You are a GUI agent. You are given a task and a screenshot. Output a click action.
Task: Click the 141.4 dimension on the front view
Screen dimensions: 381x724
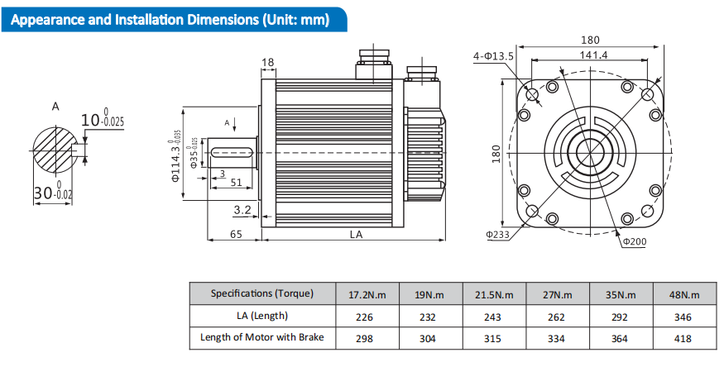[x=593, y=55]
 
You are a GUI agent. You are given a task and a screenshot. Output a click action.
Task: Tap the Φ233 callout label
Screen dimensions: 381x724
[x=497, y=234]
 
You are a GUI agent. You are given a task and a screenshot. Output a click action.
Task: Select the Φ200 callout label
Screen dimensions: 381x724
[x=634, y=241]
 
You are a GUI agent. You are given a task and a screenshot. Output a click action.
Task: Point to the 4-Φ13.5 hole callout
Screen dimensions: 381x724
[x=494, y=56]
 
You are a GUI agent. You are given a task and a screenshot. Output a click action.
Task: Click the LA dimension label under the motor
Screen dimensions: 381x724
[x=356, y=235]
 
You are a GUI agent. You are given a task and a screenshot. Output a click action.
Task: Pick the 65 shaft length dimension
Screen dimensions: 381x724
[x=236, y=235]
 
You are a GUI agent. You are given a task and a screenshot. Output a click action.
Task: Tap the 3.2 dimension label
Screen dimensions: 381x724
[x=242, y=209]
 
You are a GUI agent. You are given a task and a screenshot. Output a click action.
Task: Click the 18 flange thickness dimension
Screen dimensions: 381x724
[x=267, y=63]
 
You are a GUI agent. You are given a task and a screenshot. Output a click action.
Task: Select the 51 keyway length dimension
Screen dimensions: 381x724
[x=236, y=182]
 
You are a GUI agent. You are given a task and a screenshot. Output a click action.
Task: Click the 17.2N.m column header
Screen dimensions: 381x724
[x=367, y=294]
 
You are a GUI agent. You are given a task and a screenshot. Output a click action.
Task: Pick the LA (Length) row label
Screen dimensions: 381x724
[x=262, y=316]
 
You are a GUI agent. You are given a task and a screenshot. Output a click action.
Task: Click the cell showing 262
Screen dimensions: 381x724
[x=557, y=317]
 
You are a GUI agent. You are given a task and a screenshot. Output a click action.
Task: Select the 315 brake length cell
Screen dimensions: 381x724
[x=494, y=338]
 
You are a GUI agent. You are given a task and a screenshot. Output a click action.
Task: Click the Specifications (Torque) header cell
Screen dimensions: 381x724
[x=262, y=293]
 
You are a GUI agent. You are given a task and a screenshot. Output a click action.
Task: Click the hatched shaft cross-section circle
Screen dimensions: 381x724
[x=58, y=150]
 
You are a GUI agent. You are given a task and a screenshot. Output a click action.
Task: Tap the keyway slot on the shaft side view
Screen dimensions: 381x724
[x=233, y=151]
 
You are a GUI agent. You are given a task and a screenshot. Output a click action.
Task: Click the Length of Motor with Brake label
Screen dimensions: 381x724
[x=262, y=337]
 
